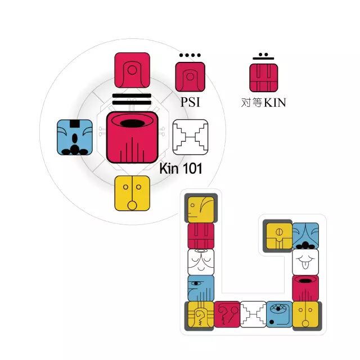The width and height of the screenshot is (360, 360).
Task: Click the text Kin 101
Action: point(181,168)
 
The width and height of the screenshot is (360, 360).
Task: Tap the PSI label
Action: point(190,103)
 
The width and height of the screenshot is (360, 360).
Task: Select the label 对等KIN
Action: point(264,103)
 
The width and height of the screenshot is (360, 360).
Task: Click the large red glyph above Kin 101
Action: point(132,137)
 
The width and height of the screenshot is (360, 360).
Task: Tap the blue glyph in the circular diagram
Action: point(75,137)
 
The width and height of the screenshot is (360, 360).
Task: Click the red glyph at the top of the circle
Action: point(132,70)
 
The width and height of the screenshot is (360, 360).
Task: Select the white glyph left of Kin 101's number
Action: point(190,137)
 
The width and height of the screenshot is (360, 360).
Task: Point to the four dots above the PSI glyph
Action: point(190,56)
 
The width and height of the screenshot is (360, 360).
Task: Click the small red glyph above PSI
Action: point(190,76)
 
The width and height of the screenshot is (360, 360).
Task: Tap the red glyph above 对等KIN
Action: point(264,76)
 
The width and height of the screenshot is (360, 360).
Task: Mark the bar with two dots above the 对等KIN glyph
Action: point(264,56)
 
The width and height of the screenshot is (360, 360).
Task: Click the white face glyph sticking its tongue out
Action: point(305,262)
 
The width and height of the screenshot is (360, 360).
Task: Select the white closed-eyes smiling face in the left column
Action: point(201,262)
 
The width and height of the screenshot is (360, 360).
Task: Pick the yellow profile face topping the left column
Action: point(201,209)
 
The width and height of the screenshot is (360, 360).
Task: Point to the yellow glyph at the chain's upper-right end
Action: point(278,235)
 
